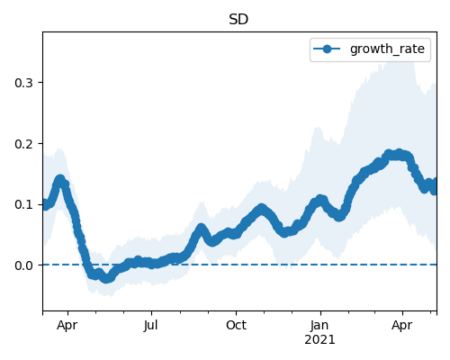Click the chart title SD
[x=238, y=20]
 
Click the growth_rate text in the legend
[x=387, y=49]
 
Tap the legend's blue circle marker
[x=327, y=49]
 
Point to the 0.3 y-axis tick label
[x=23, y=83]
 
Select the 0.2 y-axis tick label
[x=23, y=144]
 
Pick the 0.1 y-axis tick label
[x=23, y=205]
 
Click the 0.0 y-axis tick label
[x=23, y=265]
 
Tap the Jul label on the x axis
[x=150, y=325]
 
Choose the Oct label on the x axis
[x=236, y=325]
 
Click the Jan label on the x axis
[x=319, y=325]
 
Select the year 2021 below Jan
[x=319, y=340]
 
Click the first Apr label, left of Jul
[x=67, y=326]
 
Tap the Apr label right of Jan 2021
[x=402, y=326]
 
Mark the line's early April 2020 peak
[x=60, y=180]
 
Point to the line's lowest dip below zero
[x=105, y=279]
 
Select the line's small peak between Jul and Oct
[x=201, y=229]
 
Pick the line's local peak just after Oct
[x=262, y=208]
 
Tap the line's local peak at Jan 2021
[x=320, y=199]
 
